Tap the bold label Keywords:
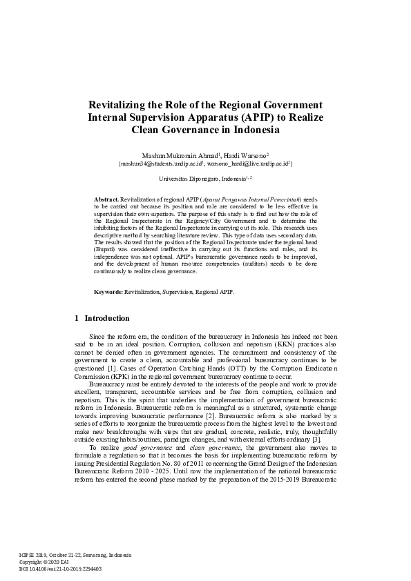(108, 293)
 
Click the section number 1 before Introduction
(76, 319)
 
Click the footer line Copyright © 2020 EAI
(48, 562)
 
